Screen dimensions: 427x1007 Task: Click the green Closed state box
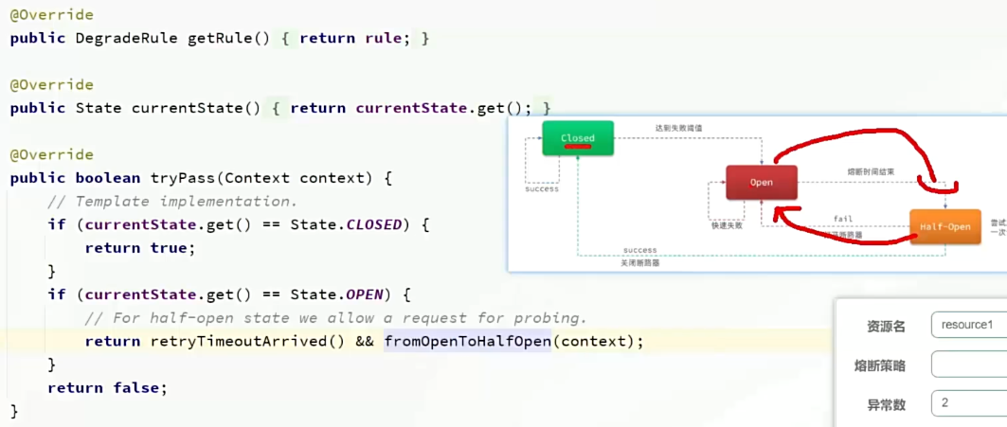[578, 138]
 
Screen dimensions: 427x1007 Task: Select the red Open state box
[762, 182]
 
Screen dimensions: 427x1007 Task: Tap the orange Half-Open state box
[945, 227]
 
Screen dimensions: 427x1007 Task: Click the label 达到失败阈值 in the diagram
[678, 128]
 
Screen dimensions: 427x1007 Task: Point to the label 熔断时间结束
[871, 172]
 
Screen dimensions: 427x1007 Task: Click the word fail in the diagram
[843, 219]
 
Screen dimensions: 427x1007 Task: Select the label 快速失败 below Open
[727, 226]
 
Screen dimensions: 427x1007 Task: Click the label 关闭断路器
[640, 263]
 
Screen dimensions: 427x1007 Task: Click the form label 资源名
[887, 326]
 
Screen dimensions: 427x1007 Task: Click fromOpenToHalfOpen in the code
[467, 341]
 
